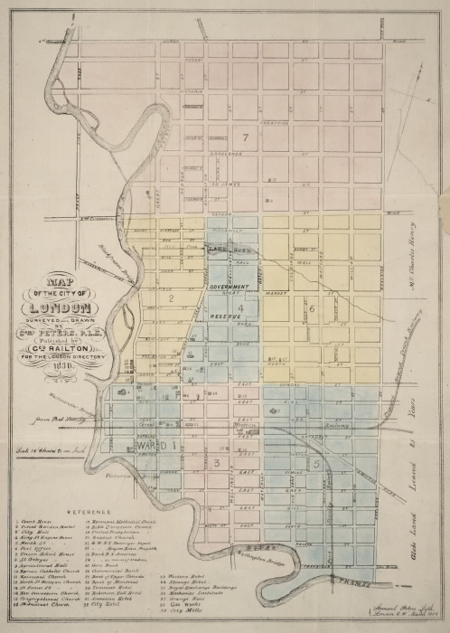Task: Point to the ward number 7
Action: [x=244, y=137]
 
